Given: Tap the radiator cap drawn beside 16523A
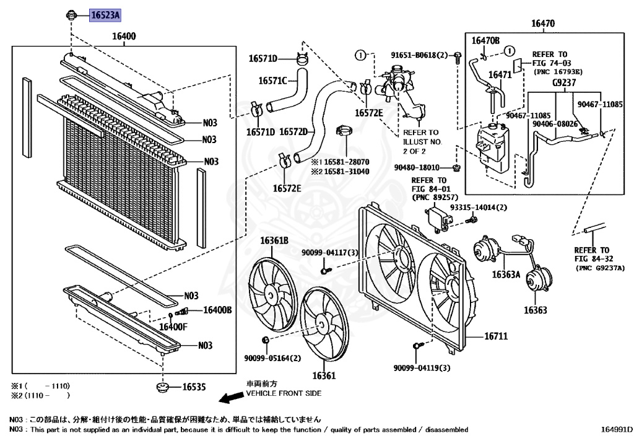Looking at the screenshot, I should pyautogui.click(x=72, y=14).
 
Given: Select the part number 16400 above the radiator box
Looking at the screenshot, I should pyautogui.click(x=123, y=37).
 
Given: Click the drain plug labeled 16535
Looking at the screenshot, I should pyautogui.click(x=163, y=388).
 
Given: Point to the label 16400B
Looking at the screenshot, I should pyautogui.click(x=217, y=310).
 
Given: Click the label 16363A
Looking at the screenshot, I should pyautogui.click(x=506, y=274).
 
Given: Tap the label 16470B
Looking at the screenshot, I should pyautogui.click(x=485, y=41).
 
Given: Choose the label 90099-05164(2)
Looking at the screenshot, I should pyautogui.click(x=276, y=357).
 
